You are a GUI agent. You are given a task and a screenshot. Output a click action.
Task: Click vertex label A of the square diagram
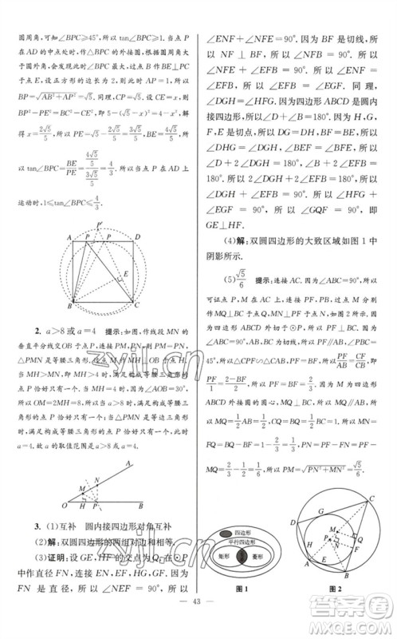click(69, 239)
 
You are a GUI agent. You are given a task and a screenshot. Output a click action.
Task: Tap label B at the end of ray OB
click(141, 504)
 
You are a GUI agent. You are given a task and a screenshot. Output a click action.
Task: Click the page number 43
click(198, 624)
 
